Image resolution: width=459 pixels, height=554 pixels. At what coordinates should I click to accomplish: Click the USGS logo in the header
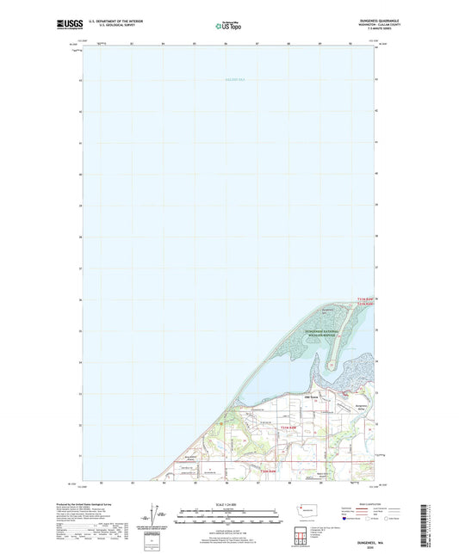(69, 22)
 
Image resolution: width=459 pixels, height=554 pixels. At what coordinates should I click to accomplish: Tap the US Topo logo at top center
(228, 25)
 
